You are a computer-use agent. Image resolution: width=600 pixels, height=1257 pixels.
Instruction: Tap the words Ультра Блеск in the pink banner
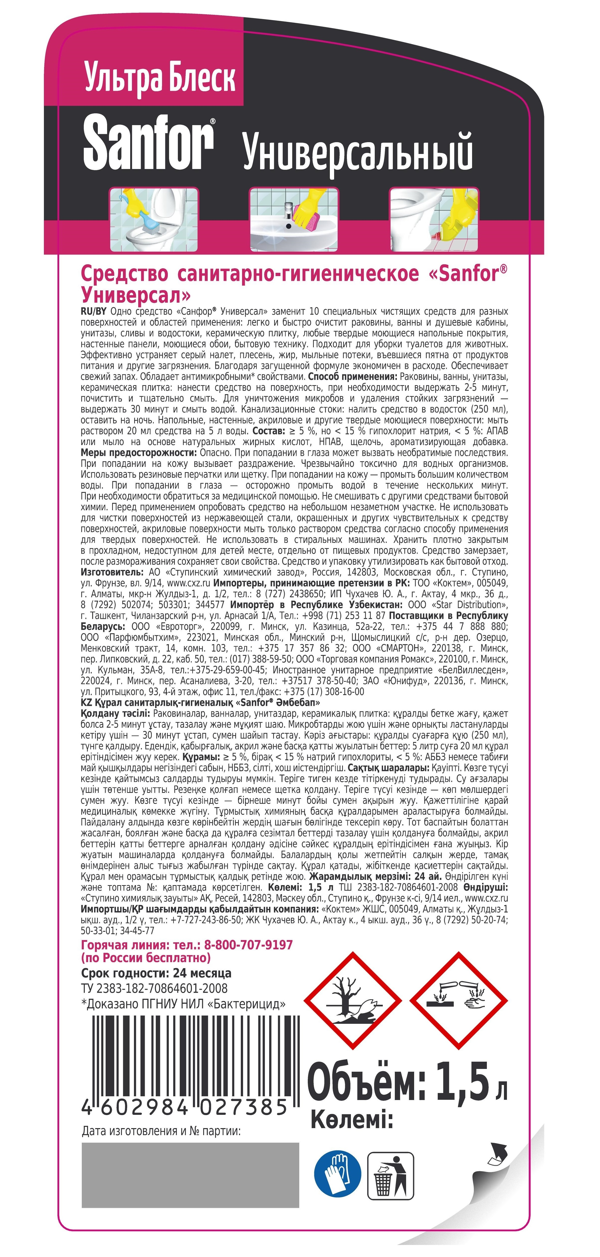coord(160,78)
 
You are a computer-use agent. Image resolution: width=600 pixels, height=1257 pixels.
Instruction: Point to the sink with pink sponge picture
coord(294,220)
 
